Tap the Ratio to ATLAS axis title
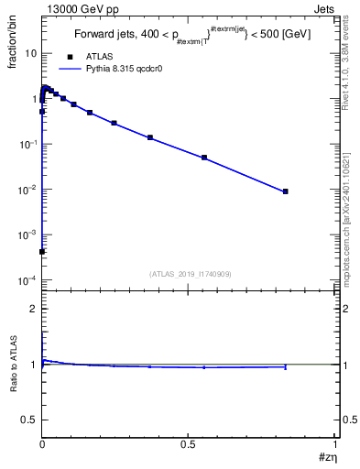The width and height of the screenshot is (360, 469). pyautogui.click(x=16, y=365)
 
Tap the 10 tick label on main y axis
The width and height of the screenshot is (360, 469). pyautogui.click(x=30, y=54)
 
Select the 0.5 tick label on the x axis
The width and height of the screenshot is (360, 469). pyautogui.click(x=189, y=443)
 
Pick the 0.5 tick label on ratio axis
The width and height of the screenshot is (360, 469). pyautogui.click(x=30, y=419)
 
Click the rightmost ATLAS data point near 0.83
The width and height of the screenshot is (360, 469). pyautogui.click(x=286, y=191)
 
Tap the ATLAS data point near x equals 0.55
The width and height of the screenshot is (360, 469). pyautogui.click(x=204, y=158)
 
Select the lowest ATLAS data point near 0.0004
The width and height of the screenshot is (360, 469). pyautogui.click(x=42, y=251)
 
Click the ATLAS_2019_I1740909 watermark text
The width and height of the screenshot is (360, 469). pyautogui.click(x=189, y=274)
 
